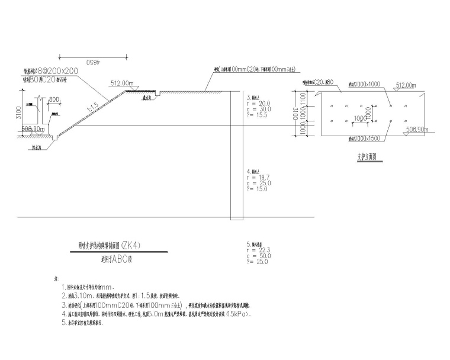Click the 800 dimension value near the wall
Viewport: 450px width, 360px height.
click(55, 99)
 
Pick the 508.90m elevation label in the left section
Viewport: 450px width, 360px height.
click(33, 128)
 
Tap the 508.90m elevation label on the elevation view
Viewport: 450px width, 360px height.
click(403, 129)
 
